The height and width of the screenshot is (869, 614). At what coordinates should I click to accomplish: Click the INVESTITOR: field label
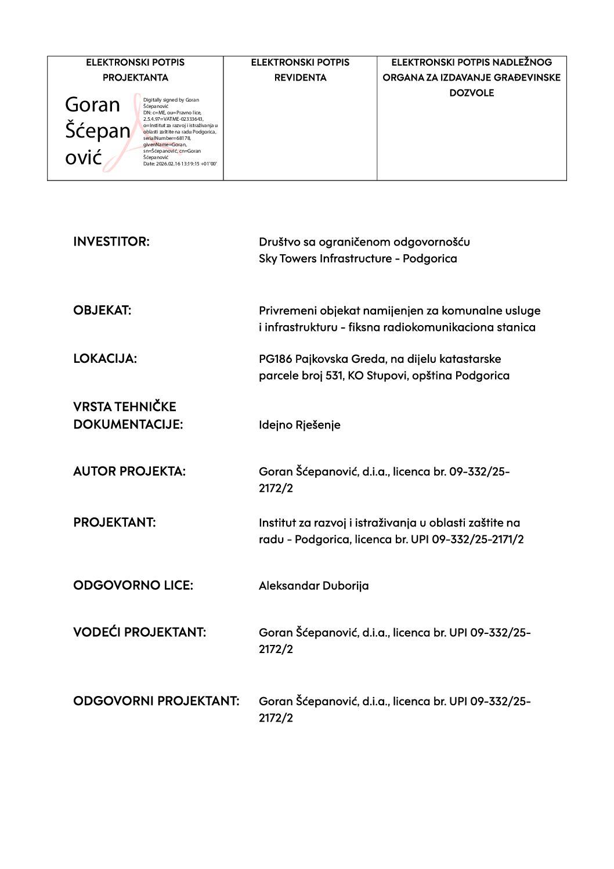click(x=111, y=241)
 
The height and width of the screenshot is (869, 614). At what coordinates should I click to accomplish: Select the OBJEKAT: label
click(x=102, y=310)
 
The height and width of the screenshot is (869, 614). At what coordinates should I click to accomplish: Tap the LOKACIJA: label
click(x=105, y=358)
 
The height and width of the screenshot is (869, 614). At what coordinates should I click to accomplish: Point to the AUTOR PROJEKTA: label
click(x=129, y=471)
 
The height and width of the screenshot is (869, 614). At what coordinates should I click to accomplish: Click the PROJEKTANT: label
click(x=114, y=522)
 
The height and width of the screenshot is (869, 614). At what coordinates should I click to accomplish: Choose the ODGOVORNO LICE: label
click(x=133, y=585)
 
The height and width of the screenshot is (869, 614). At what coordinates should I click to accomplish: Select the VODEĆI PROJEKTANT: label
click(x=139, y=632)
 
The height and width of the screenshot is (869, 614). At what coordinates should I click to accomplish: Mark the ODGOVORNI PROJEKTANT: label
click(x=156, y=701)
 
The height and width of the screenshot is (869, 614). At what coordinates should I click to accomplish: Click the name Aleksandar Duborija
click(x=313, y=585)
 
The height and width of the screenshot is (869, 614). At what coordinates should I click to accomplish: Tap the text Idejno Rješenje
click(x=299, y=424)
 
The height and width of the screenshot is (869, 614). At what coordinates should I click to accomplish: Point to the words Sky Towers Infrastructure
click(x=325, y=258)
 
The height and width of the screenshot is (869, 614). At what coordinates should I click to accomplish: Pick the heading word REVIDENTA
click(x=300, y=77)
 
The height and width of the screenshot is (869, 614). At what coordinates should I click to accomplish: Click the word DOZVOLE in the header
click(x=471, y=92)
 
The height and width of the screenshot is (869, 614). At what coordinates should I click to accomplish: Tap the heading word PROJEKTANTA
click(x=135, y=77)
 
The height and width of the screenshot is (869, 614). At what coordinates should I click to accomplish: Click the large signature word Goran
click(x=92, y=105)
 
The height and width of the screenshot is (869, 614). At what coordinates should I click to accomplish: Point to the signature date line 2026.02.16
click(x=180, y=164)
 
